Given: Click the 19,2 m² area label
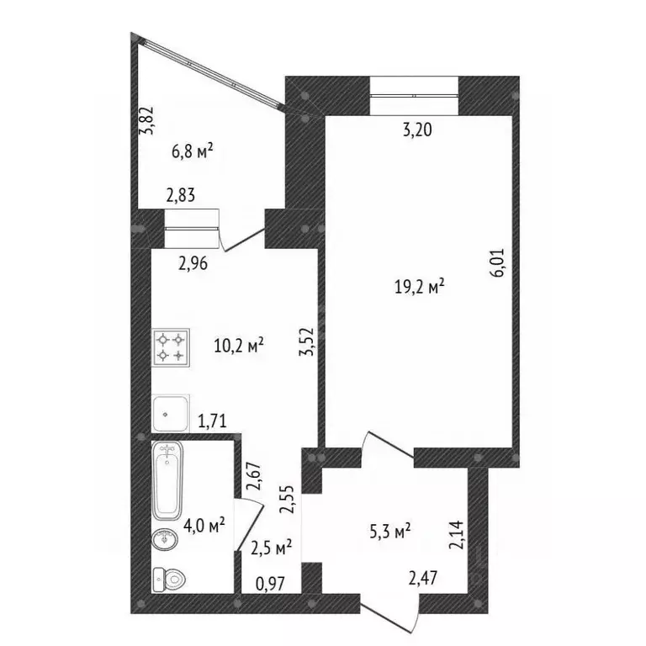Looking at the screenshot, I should click(419, 287).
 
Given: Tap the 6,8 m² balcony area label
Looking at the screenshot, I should click(192, 152).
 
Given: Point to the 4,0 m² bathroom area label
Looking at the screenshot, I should click(204, 527).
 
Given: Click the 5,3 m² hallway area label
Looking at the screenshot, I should click(390, 531).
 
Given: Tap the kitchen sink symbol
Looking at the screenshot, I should click(172, 412).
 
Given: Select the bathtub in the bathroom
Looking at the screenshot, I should click(168, 482).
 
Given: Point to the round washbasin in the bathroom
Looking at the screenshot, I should click(166, 539).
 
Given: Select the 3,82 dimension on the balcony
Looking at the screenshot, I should click(147, 123).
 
